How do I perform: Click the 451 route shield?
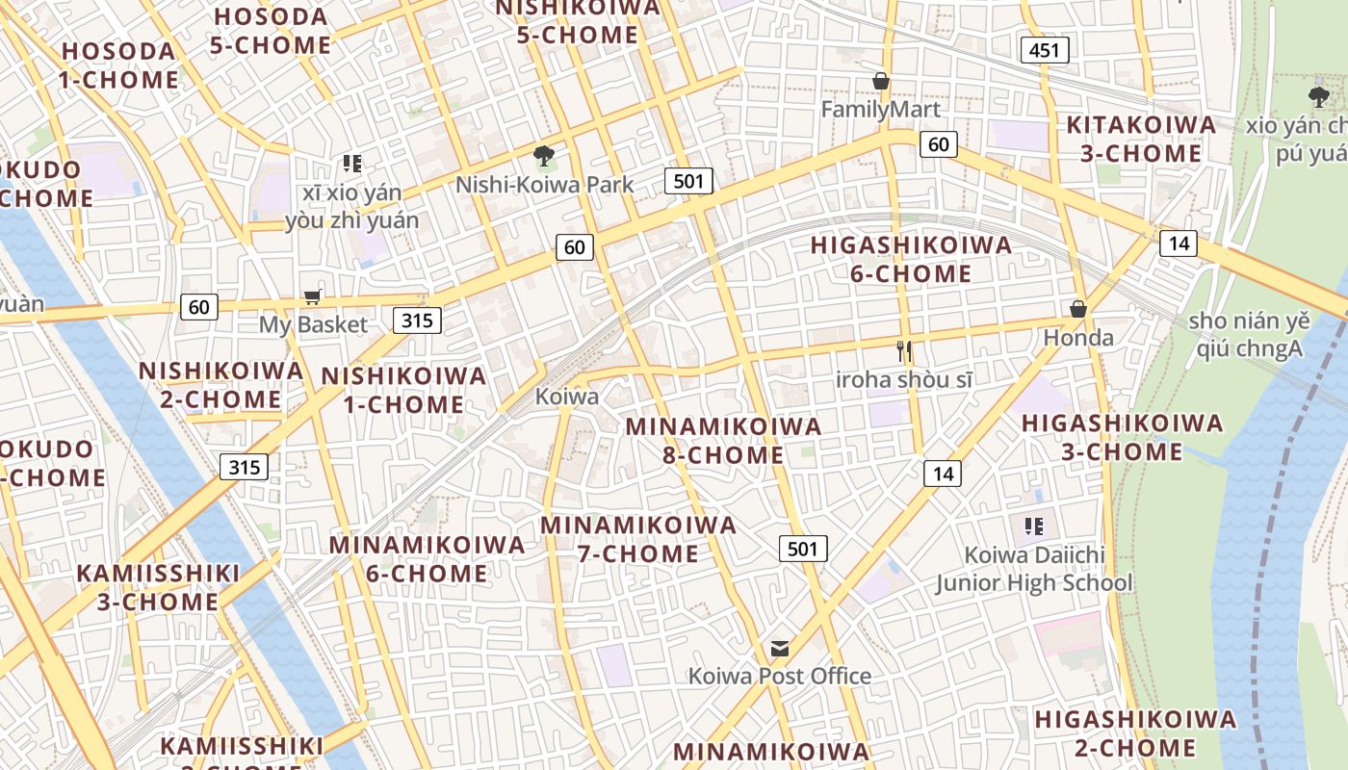tap(1045, 50)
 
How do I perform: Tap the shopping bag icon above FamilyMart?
tap(880, 81)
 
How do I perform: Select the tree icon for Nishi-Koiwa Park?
tap(544, 155)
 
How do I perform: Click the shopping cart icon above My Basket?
tap(312, 297)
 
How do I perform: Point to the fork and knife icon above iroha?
tap(903, 351)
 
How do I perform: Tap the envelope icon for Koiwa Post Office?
tap(779, 649)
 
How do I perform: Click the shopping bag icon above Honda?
tap(1078, 309)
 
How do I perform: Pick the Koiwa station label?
tap(567, 397)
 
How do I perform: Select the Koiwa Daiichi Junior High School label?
tap(1034, 569)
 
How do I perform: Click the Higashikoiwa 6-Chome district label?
tap(911, 259)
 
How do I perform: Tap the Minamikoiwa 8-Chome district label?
tap(723, 440)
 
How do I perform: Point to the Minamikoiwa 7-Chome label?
tap(638, 539)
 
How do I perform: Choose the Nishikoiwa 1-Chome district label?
tap(403, 390)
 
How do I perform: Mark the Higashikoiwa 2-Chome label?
tap(1135, 733)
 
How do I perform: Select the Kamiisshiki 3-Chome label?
tap(158, 587)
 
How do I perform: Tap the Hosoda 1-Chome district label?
tap(119, 64)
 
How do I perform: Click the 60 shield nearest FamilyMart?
tap(938, 145)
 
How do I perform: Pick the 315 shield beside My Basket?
tap(417, 320)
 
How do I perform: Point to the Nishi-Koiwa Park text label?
tap(544, 185)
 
